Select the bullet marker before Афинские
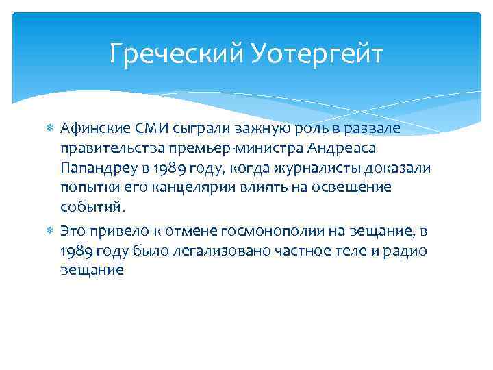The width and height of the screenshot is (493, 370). (49, 128)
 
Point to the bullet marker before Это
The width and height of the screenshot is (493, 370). (49, 232)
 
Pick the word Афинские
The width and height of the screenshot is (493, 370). (89, 128)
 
